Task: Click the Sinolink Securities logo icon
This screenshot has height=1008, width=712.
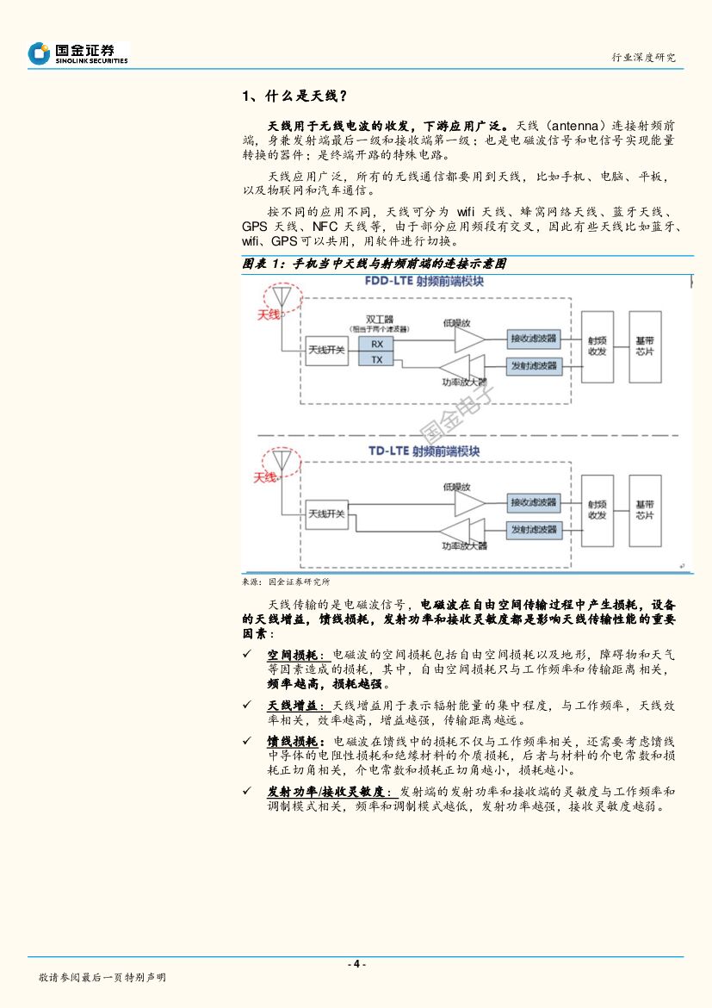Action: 39,54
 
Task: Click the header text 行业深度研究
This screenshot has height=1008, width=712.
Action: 643,57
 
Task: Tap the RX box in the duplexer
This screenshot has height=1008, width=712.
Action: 376,344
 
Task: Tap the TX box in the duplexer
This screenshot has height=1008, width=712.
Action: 376,359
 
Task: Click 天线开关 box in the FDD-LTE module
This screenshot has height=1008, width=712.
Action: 326,349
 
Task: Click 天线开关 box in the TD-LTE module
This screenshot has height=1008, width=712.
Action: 326,513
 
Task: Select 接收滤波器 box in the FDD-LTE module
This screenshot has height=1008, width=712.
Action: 534,337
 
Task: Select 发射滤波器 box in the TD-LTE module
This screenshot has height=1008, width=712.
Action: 534,529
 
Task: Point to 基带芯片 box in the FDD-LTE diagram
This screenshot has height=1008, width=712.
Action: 644,346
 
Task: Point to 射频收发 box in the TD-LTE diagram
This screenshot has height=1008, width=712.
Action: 597,510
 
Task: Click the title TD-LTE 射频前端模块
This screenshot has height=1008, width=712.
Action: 424,451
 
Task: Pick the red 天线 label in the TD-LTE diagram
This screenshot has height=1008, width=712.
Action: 264,476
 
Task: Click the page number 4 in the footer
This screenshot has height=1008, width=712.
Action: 356,964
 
